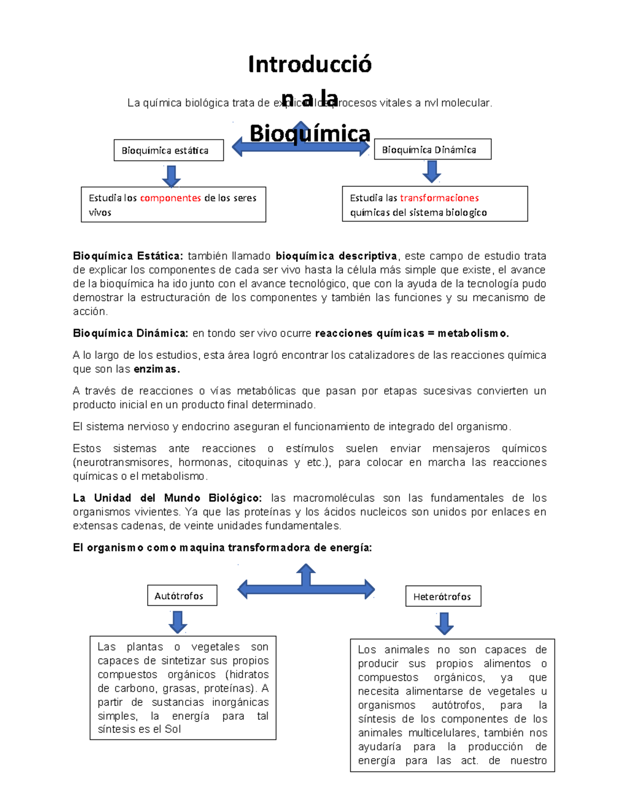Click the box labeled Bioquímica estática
[168, 150]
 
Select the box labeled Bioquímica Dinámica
[432, 149]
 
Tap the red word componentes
[171, 198]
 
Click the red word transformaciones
[439, 198]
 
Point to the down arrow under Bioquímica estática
[171, 176]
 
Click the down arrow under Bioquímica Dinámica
[432, 171]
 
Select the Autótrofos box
[182, 595]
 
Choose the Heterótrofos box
[443, 596]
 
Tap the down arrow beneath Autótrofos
[178, 622]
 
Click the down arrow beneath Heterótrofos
[444, 623]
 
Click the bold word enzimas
[157, 369]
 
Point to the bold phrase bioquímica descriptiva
[336, 256]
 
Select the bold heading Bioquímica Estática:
[128, 256]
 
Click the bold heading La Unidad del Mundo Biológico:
[167, 498]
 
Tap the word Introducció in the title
[309, 65]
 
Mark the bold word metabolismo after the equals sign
[472, 334]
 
